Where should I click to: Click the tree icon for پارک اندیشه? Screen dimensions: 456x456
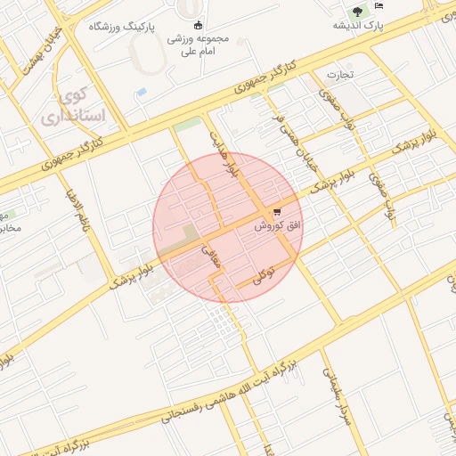(356, 12)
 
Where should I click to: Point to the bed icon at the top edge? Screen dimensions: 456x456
(379, 6)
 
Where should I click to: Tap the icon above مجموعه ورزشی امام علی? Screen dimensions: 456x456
(197, 25)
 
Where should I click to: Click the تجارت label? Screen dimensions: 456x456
(339, 75)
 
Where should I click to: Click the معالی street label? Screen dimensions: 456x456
(217, 259)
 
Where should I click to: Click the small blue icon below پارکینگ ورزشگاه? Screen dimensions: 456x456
(141, 92)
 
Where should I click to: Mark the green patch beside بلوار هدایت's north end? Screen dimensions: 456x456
(187, 125)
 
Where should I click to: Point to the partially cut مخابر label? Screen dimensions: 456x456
(8, 227)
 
